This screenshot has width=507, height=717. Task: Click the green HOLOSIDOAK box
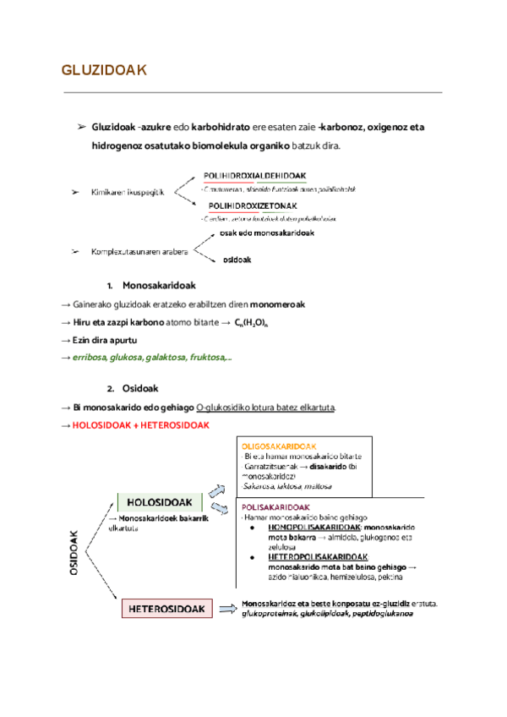(160, 502)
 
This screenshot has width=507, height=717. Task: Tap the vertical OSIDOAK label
(74, 554)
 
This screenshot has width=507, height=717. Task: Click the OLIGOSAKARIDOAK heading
(279, 446)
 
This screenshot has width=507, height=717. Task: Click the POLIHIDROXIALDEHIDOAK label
(254, 176)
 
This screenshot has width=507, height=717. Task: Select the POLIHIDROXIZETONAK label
(253, 205)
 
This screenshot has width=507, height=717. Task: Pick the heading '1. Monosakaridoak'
(145, 287)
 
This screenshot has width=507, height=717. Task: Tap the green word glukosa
(123, 358)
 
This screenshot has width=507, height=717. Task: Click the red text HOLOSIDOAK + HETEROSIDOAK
(140, 424)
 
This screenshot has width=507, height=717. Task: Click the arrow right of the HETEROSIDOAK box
(226, 608)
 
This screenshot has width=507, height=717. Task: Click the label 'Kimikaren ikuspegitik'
(128, 194)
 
